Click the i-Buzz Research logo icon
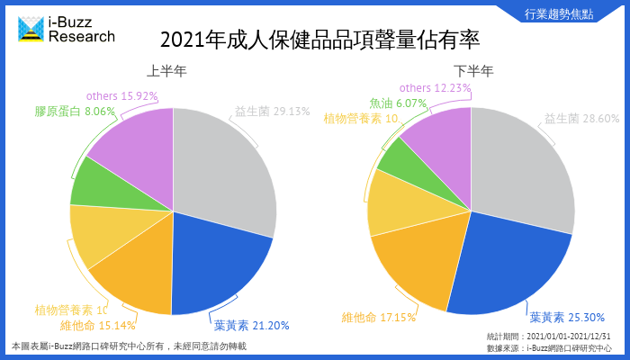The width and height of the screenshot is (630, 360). (31, 29)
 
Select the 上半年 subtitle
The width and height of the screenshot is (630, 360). (170, 71)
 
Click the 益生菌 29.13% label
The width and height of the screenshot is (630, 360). (272, 112)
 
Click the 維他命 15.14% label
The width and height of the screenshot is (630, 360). (98, 326)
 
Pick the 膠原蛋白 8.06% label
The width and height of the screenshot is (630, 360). (76, 112)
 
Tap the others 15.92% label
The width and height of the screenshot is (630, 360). (122, 96)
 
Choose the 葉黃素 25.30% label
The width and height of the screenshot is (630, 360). (567, 317)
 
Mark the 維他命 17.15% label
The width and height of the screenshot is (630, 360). (378, 317)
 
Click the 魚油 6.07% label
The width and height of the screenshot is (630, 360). (397, 103)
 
